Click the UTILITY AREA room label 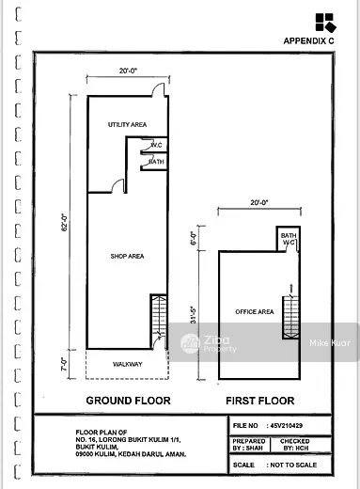(x=127, y=124)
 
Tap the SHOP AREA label (x=127, y=256)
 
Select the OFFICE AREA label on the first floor (x=255, y=311)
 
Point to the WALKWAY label (x=128, y=364)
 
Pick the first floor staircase (x=290, y=317)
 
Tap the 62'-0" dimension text (x=64, y=223)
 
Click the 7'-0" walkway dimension (x=64, y=364)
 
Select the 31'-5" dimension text (x=195, y=314)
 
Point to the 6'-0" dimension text (x=194, y=238)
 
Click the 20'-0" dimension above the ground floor (x=128, y=71)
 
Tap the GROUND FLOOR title (x=128, y=401)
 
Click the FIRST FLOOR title (x=260, y=401)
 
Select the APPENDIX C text (x=308, y=40)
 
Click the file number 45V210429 (x=287, y=425)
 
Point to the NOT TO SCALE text (x=293, y=465)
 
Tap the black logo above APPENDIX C (x=325, y=23)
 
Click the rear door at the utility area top (x=159, y=89)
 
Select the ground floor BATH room (x=154, y=162)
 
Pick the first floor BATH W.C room (x=289, y=239)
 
